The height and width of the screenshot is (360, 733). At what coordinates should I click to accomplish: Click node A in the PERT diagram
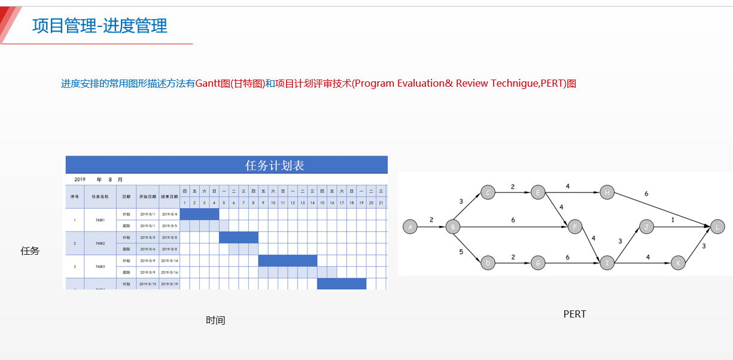pyautogui.click(x=410, y=227)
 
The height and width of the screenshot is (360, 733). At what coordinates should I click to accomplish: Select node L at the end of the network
pyautogui.click(x=717, y=227)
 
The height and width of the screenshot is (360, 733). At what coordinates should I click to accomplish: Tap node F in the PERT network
pyautogui.click(x=574, y=227)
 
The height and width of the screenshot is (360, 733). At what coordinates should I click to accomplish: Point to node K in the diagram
pyautogui.click(x=677, y=263)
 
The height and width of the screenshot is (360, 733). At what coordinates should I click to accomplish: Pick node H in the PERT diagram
pyautogui.click(x=607, y=192)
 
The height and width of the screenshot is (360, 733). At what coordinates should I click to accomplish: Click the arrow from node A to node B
pyautogui.click(x=431, y=227)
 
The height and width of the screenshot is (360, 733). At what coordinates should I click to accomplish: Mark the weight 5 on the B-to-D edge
pyautogui.click(x=461, y=252)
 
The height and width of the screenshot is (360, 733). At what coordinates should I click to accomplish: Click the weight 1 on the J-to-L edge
pyautogui.click(x=673, y=220)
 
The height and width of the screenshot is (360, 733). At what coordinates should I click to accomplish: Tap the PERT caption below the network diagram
pyautogui.click(x=574, y=314)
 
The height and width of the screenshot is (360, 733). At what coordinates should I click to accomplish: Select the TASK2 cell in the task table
pyautogui.click(x=100, y=243)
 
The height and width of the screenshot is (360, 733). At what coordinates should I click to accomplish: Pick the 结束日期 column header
pyautogui.click(x=169, y=196)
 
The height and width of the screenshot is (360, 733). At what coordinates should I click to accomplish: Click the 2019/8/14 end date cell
pyautogui.click(x=169, y=261)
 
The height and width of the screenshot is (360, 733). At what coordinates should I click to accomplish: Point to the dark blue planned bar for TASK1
pyautogui.click(x=199, y=213)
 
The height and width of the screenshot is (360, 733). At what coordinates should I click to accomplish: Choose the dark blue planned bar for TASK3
pyautogui.click(x=287, y=261)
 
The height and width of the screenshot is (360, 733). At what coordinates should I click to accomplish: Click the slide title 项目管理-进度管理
pyautogui.click(x=99, y=26)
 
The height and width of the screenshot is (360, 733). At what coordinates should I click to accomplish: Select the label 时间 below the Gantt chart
pyautogui.click(x=215, y=321)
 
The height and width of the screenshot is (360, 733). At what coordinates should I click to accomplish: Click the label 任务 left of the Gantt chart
pyautogui.click(x=30, y=251)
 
